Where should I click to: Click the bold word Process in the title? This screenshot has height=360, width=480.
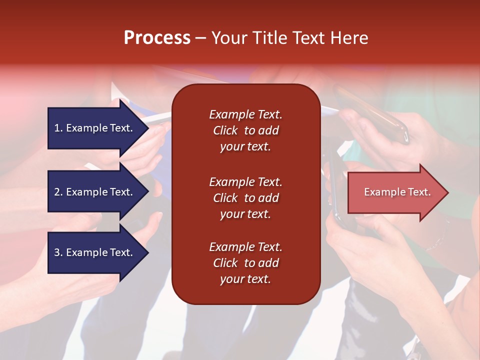click(157, 38)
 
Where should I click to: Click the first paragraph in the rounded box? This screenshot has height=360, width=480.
click(245, 130)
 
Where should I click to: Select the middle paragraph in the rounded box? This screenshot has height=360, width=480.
click(245, 198)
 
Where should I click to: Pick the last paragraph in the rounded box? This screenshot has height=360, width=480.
click(245, 263)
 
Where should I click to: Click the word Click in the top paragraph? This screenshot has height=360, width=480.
click(225, 130)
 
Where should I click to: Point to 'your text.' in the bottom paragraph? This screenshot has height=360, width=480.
click(245, 279)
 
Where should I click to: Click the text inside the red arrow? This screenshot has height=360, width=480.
click(397, 192)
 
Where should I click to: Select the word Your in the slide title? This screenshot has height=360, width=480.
click(227, 38)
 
